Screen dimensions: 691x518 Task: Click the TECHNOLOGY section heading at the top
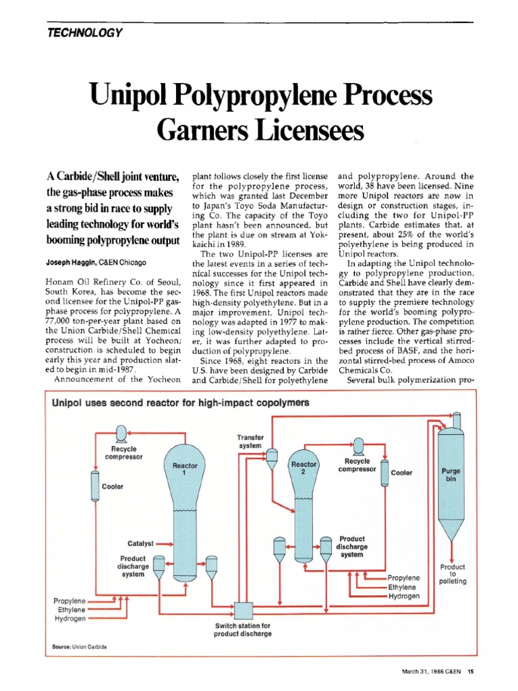pyautogui.click(x=85, y=34)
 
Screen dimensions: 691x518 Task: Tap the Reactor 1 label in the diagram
pyautogui.click(x=185, y=469)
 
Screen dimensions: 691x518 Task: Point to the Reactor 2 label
pyautogui.click(x=304, y=468)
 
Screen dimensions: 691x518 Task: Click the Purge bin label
pyautogui.click(x=451, y=474)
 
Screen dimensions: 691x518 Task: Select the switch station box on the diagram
pyautogui.click(x=243, y=611)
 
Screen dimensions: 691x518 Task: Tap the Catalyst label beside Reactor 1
pyautogui.click(x=141, y=543)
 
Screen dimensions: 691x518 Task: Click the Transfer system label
pyautogui.click(x=250, y=442)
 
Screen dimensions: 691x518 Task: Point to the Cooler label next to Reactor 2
pyautogui.click(x=402, y=473)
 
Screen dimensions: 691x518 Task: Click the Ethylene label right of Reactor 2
pyautogui.click(x=404, y=587)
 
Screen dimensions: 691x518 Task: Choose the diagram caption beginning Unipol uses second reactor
pyautogui.click(x=181, y=403)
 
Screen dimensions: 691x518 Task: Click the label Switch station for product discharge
pyautogui.click(x=242, y=630)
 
